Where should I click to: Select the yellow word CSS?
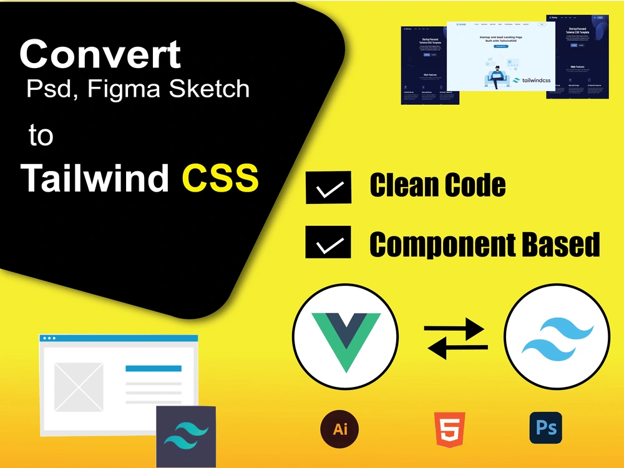point(220,178)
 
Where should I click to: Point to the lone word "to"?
point(41,135)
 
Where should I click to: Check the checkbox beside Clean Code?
point(328,187)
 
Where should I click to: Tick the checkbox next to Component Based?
point(328,242)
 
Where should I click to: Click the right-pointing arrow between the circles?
point(456,328)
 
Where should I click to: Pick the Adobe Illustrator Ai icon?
point(340,429)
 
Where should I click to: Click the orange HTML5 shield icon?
point(448,429)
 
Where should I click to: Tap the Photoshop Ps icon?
point(545,428)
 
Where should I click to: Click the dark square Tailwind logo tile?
point(185,437)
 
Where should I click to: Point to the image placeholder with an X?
point(79,387)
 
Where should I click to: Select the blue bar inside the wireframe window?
point(154,369)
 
